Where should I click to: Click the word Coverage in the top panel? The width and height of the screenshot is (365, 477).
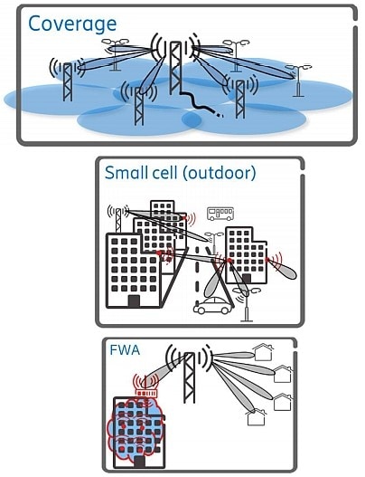tap(72, 24)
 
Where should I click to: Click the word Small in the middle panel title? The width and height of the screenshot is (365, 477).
tap(126, 173)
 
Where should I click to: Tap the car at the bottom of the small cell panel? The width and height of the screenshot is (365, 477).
tap(212, 306)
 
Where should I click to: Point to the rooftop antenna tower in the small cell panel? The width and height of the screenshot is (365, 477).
tap(118, 221)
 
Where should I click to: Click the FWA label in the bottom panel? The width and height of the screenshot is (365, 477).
tap(125, 355)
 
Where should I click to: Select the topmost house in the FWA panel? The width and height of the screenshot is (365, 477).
tap(263, 352)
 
